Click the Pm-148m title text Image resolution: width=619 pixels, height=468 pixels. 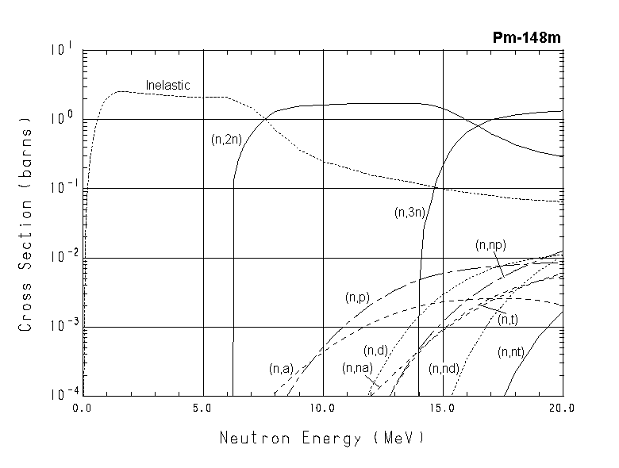coord(527,38)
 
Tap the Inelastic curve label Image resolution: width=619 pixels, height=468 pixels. coord(167,86)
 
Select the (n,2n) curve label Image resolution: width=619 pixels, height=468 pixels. coord(226,139)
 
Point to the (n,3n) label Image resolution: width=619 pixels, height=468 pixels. coord(409,212)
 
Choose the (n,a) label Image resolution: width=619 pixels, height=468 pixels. coord(281,368)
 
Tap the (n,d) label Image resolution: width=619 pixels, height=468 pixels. coord(375,351)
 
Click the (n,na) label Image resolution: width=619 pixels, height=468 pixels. coord(357,368)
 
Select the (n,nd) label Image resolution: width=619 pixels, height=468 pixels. coord(444,368)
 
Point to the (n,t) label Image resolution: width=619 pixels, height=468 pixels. coord(508,320)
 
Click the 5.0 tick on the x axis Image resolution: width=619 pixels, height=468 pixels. coord(203,409)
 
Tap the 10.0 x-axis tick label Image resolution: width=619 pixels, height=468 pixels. coord(322,409)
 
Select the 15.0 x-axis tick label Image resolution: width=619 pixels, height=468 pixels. coord(441,409)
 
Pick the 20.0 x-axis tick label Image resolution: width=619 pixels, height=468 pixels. coord(560,409)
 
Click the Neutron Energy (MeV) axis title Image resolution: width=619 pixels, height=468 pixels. coord(322,437)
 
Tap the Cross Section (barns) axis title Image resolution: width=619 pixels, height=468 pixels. coord(26,223)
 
